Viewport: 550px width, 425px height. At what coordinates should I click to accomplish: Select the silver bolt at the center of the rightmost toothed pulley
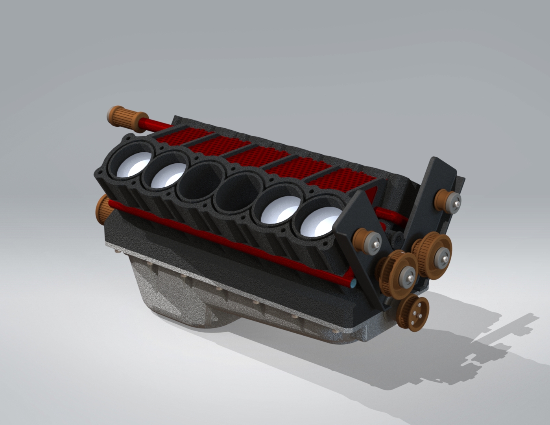[445, 258]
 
